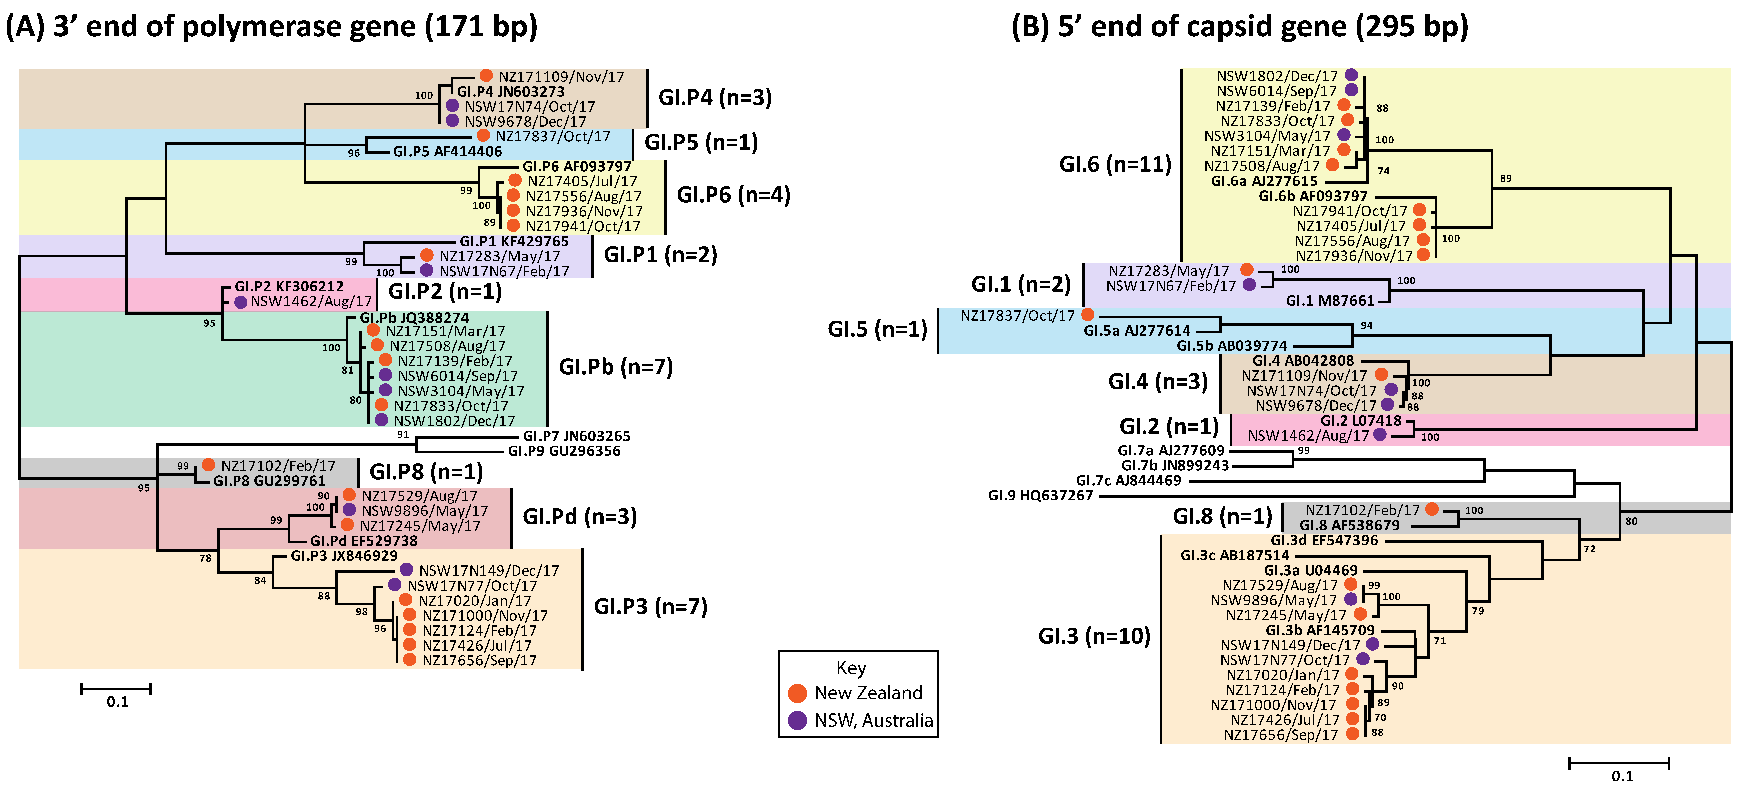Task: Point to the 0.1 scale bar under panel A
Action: (116, 689)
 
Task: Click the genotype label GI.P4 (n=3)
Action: (715, 98)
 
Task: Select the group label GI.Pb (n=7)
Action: (615, 367)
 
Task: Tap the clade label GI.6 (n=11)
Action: (1114, 164)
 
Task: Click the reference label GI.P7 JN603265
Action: (576, 436)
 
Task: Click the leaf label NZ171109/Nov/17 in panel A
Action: (561, 76)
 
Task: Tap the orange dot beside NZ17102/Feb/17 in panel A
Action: (208, 465)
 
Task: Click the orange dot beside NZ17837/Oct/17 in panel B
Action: (1087, 314)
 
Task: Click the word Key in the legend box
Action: (851, 668)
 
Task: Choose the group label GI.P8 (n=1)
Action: (426, 472)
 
